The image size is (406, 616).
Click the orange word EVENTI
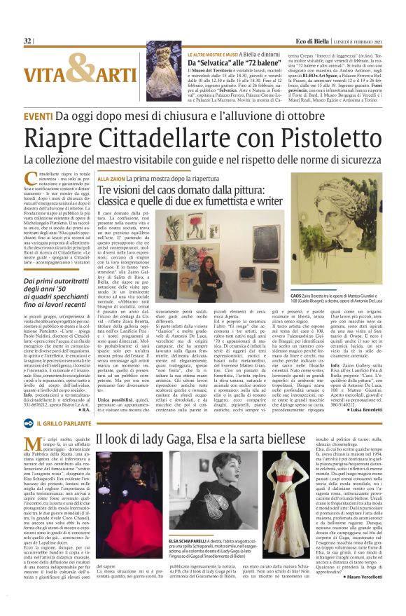(x=41, y=116)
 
